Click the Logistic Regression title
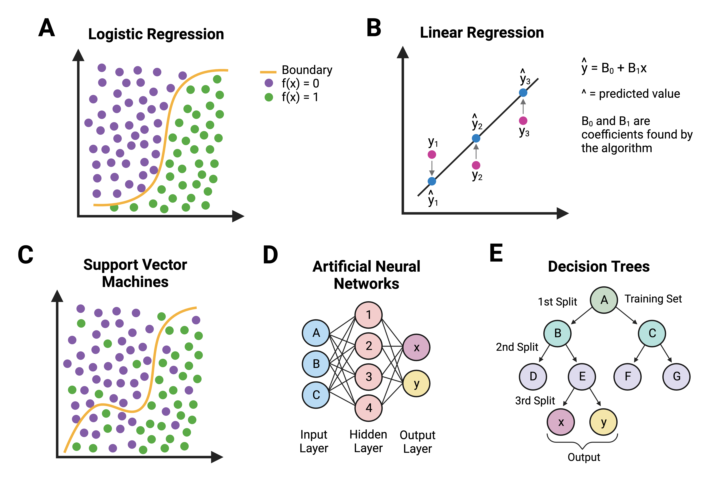(x=156, y=34)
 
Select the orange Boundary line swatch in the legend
(x=268, y=72)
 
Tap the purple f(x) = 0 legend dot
(x=269, y=83)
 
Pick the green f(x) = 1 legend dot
(x=269, y=97)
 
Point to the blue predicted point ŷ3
(x=523, y=92)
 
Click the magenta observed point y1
(x=432, y=155)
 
